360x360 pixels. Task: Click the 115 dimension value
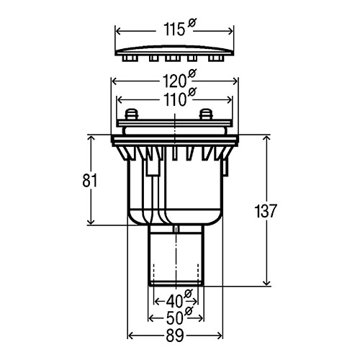[x=174, y=30]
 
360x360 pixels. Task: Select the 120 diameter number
[x=174, y=81]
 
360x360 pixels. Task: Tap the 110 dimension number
[x=174, y=100]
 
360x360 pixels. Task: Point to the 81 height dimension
[x=90, y=181]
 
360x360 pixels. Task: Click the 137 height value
[x=266, y=211]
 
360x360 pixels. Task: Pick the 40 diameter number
[x=174, y=302]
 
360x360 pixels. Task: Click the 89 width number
[x=175, y=336]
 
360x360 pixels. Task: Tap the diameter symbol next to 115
[x=192, y=23]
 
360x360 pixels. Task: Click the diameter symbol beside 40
[x=189, y=294]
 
